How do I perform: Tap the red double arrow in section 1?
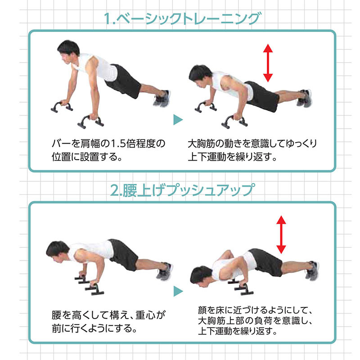(x=269, y=63)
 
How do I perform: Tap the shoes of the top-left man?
(x=162, y=98)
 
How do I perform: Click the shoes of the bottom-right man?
(x=311, y=270)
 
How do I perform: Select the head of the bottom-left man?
(x=57, y=250)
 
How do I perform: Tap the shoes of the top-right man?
(x=305, y=98)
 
